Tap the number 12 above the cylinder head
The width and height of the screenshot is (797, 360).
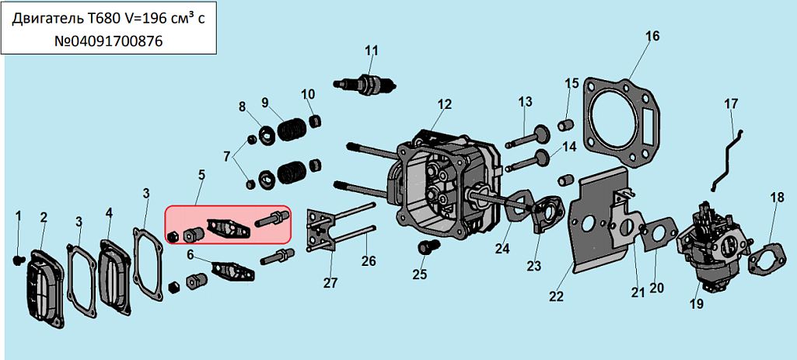pyautogui.click(x=444, y=104)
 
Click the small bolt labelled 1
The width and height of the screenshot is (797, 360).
pyautogui.click(x=19, y=260)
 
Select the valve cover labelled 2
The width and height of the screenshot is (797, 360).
pyautogui.click(x=44, y=285)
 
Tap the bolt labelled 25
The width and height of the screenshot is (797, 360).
pyautogui.click(x=425, y=249)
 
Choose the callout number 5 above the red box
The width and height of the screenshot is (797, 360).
pyautogui.click(x=202, y=175)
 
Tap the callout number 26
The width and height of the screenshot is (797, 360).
pyautogui.click(x=369, y=260)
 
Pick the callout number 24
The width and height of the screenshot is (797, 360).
pyautogui.click(x=502, y=249)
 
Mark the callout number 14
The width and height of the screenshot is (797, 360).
pyautogui.click(x=569, y=147)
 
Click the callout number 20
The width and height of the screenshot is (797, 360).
pyautogui.click(x=657, y=287)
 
